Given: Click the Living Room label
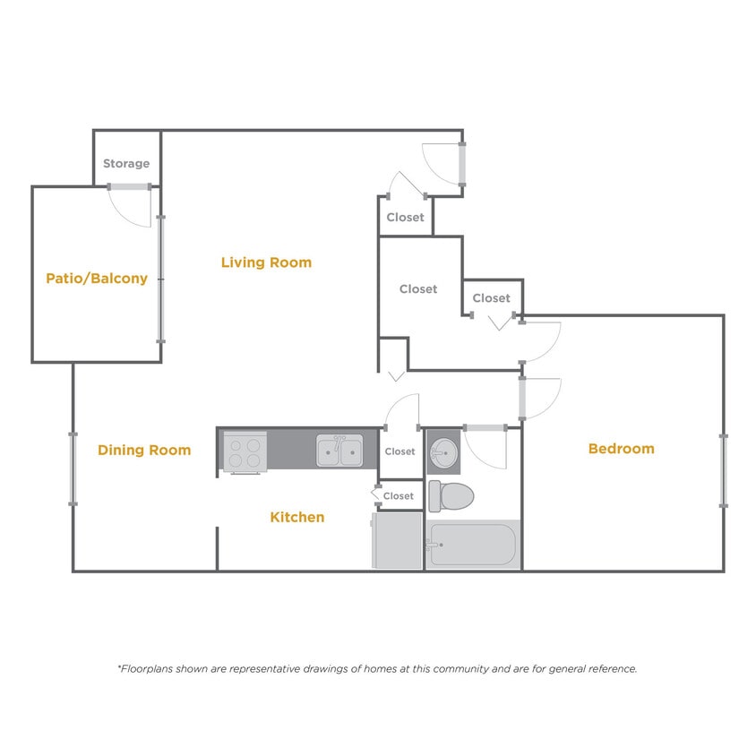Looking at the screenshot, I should [x=266, y=262].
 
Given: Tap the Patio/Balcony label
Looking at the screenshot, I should [x=97, y=279].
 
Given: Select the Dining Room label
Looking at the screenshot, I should [x=144, y=450].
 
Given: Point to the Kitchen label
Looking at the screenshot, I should [x=297, y=517].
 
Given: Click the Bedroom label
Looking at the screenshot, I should [x=621, y=448].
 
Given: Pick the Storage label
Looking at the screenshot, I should [x=126, y=164].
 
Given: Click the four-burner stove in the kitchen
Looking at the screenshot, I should [x=245, y=451].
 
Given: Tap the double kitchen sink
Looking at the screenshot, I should [x=339, y=451].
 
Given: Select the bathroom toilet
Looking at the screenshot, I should [x=449, y=495].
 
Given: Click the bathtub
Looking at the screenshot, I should [x=472, y=544].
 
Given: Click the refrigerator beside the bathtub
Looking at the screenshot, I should [x=397, y=540].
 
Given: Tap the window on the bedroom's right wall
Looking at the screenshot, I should [x=724, y=470].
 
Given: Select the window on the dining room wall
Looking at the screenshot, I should [x=73, y=468].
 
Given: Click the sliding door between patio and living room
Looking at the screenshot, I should [x=161, y=279].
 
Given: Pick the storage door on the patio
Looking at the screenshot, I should [x=129, y=187].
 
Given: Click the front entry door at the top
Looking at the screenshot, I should [x=462, y=163].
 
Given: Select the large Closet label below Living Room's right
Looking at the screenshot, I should [x=418, y=288].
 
